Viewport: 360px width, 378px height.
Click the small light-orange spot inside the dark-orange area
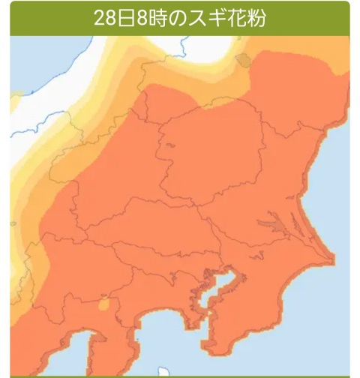click(103, 305)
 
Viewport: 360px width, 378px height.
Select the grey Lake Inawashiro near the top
click(242, 61)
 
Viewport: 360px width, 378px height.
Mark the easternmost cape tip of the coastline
click(332, 259)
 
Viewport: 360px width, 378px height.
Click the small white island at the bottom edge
click(163, 371)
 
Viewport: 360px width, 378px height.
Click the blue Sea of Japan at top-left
click(37, 52)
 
